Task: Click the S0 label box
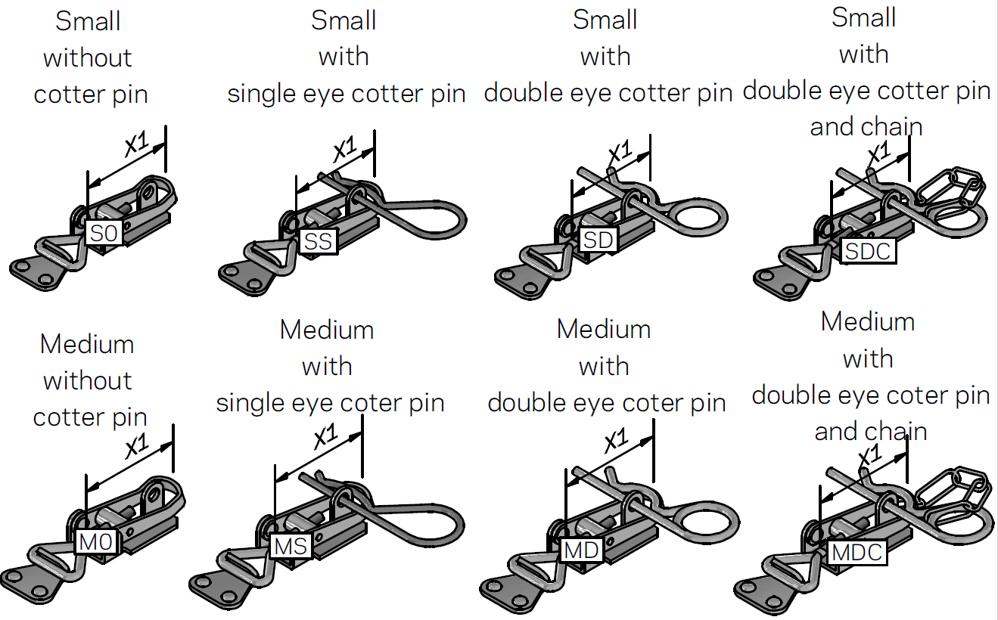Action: pyautogui.click(x=105, y=234)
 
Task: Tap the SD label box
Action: pyautogui.click(x=598, y=240)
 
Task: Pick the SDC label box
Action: pyautogui.click(x=868, y=250)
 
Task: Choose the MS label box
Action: pyautogui.click(x=291, y=546)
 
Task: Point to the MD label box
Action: pyautogui.click(x=581, y=550)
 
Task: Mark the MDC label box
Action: pyautogui.click(x=857, y=552)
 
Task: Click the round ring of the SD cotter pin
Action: pyautogui.click(x=701, y=213)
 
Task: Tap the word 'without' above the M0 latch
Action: pyautogui.click(x=88, y=380)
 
